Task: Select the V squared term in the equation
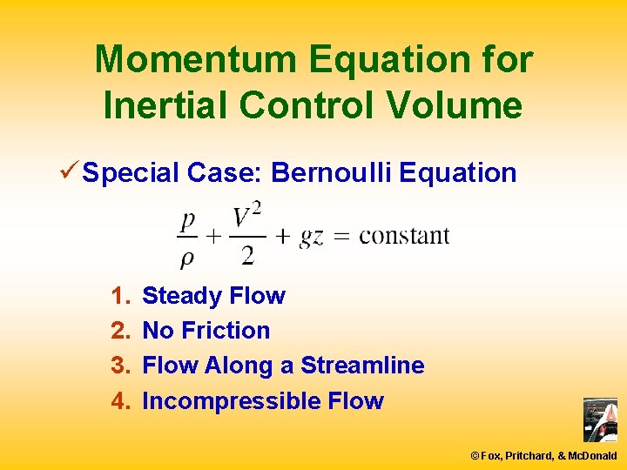pos(247,216)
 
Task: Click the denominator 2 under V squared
pos(247,254)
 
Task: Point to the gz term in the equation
pos(311,237)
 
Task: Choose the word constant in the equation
pos(404,236)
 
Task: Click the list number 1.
pos(119,296)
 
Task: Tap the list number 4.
pos(119,401)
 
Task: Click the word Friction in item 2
pos(226,331)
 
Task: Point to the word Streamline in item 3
pos(362,366)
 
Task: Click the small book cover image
pos(600,420)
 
